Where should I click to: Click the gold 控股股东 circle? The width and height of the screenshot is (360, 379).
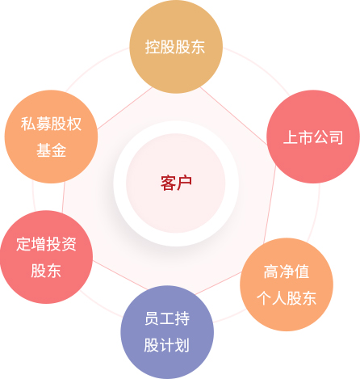[x=176, y=47]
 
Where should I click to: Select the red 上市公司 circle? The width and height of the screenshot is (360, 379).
[x=313, y=137]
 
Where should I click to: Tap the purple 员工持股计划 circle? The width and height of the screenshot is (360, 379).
[x=167, y=332]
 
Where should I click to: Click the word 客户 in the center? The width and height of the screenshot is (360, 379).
[x=176, y=183]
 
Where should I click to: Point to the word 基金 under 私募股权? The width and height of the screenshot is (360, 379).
[x=51, y=150]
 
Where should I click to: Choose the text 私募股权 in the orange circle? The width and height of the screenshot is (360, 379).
[x=51, y=124]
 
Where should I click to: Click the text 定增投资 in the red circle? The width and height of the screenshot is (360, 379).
[x=46, y=244]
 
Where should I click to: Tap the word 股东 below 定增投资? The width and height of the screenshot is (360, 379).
[x=46, y=271]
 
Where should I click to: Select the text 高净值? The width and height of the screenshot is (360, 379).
[x=287, y=272]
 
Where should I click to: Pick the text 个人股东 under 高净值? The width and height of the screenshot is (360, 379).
[x=287, y=298]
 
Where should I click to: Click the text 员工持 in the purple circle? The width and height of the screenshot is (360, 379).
[x=167, y=318]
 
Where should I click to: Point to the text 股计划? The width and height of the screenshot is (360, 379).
[x=167, y=345]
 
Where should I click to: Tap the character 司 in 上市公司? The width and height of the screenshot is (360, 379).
[x=336, y=137]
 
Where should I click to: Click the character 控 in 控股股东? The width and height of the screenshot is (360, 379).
[x=153, y=47]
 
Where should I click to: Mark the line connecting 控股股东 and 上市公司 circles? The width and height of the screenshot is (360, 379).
[x=234, y=116]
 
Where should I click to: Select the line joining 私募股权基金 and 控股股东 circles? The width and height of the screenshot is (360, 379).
[x=124, y=108]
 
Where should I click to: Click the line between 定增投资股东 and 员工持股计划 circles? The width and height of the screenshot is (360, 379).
[x=120, y=276]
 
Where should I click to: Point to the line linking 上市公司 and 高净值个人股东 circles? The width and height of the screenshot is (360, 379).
[x=270, y=204]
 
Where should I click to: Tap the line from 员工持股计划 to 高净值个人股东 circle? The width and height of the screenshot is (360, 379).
[x=219, y=283]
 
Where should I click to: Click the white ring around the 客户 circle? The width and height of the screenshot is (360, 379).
[x=176, y=128]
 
